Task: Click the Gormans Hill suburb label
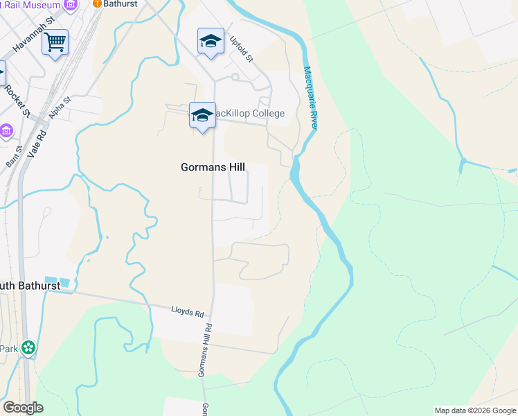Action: pyautogui.click(x=213, y=167)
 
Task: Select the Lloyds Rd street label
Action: pyautogui.click(x=189, y=312)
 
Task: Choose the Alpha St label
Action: pyautogui.click(x=60, y=108)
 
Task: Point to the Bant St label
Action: pyautogui.click(x=14, y=156)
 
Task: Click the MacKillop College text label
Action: pyautogui.click(x=249, y=113)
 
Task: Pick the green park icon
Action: pyautogui.click(x=28, y=347)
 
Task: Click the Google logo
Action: pyautogui.click(x=23, y=408)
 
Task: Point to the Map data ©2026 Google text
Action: pyautogui.click(x=475, y=410)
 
